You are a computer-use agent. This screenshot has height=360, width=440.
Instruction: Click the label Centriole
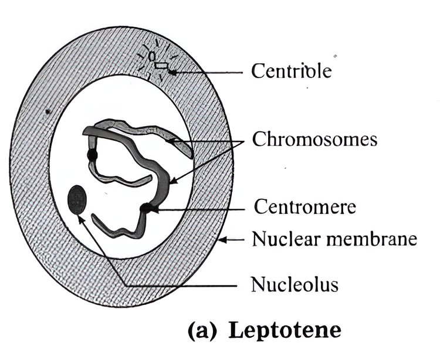coord(292,71)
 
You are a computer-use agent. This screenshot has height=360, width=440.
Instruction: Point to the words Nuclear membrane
coord(334,239)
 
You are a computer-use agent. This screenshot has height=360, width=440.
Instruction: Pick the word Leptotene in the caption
coord(284,330)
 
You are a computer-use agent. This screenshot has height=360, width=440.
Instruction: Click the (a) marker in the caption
coord(202,330)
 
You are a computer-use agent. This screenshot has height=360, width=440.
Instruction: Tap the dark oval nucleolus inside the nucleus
coord(77,199)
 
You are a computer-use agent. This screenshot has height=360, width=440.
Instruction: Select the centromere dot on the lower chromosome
coord(145,208)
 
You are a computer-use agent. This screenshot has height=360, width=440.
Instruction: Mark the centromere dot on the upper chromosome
coord(92,155)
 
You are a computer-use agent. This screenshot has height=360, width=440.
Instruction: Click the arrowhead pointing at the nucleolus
coord(80,218)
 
